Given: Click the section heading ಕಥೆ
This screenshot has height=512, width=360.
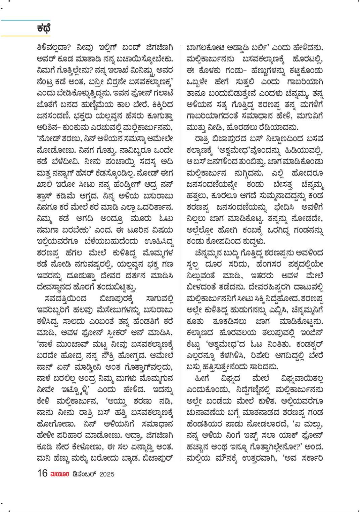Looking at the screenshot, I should [x=44, y=29].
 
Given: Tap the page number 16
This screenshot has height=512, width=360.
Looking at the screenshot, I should [x=42, y=473].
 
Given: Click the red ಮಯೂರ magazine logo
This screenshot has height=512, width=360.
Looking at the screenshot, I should [x=60, y=474].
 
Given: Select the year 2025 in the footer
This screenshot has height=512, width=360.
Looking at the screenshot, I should [x=107, y=474].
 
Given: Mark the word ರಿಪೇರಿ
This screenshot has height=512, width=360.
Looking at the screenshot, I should [x=256, y=355].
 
